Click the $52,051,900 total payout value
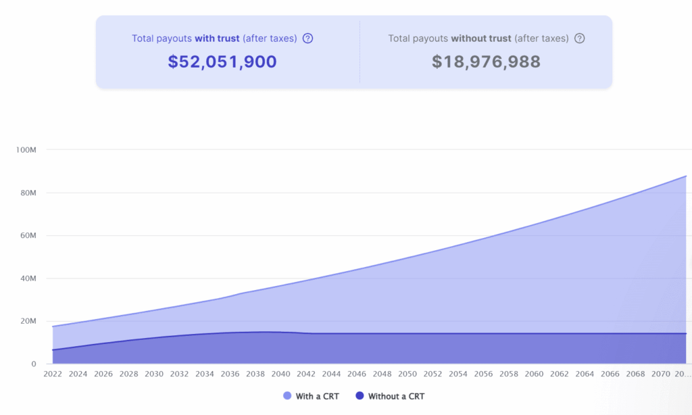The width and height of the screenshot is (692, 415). (222, 62)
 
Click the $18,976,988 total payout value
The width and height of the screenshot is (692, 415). (486, 62)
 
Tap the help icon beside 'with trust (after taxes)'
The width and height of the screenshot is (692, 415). (308, 39)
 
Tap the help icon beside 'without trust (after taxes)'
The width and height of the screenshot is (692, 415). (579, 39)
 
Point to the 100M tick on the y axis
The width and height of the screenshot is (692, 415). (25, 149)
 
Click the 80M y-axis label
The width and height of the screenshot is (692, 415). (27, 193)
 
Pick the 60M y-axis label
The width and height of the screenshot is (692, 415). (27, 236)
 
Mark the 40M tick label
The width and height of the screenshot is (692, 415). (27, 278)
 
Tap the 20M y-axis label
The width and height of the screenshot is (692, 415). (27, 321)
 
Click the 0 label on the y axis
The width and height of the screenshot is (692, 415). (32, 364)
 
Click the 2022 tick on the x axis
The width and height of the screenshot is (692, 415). (53, 374)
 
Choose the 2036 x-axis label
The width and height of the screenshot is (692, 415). (230, 374)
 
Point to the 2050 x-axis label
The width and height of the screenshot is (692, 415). (407, 374)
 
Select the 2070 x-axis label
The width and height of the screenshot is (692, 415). (661, 374)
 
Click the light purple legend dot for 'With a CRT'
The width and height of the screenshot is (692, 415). (287, 396)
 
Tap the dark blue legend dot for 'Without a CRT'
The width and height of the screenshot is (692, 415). (360, 396)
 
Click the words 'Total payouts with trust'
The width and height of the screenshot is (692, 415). (185, 39)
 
